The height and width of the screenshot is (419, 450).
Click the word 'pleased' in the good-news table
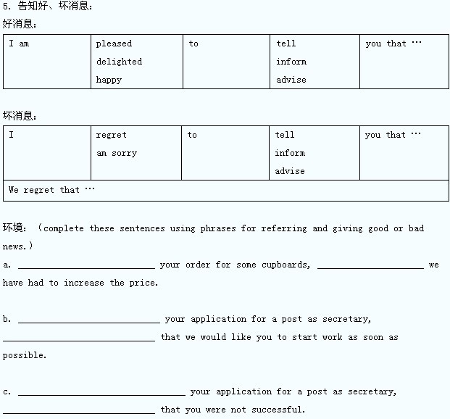click(x=114, y=43)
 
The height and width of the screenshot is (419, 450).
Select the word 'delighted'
click(x=119, y=62)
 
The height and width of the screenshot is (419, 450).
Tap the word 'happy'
click(x=109, y=80)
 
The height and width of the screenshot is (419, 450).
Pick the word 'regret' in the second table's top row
click(x=111, y=135)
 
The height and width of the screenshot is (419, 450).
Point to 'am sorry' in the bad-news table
click(x=116, y=153)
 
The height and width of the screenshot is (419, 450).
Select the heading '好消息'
click(x=20, y=24)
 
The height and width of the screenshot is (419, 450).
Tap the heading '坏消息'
click(x=20, y=115)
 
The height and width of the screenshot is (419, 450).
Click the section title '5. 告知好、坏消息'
click(x=48, y=7)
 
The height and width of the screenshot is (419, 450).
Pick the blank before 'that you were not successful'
click(x=78, y=411)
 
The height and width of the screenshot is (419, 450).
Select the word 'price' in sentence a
click(x=143, y=283)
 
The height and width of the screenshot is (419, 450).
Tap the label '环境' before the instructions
click(x=12, y=228)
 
